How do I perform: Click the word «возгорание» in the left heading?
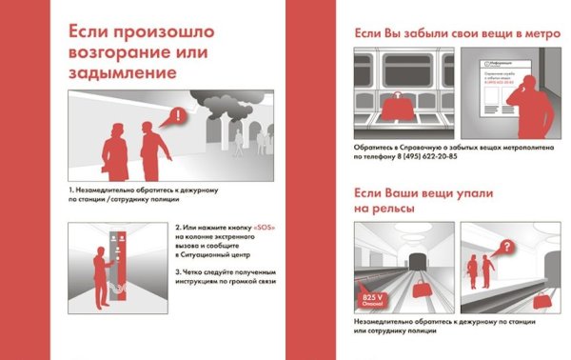pyautogui.click(x=113, y=51)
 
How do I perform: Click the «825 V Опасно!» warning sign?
pyautogui.click(x=373, y=302)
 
